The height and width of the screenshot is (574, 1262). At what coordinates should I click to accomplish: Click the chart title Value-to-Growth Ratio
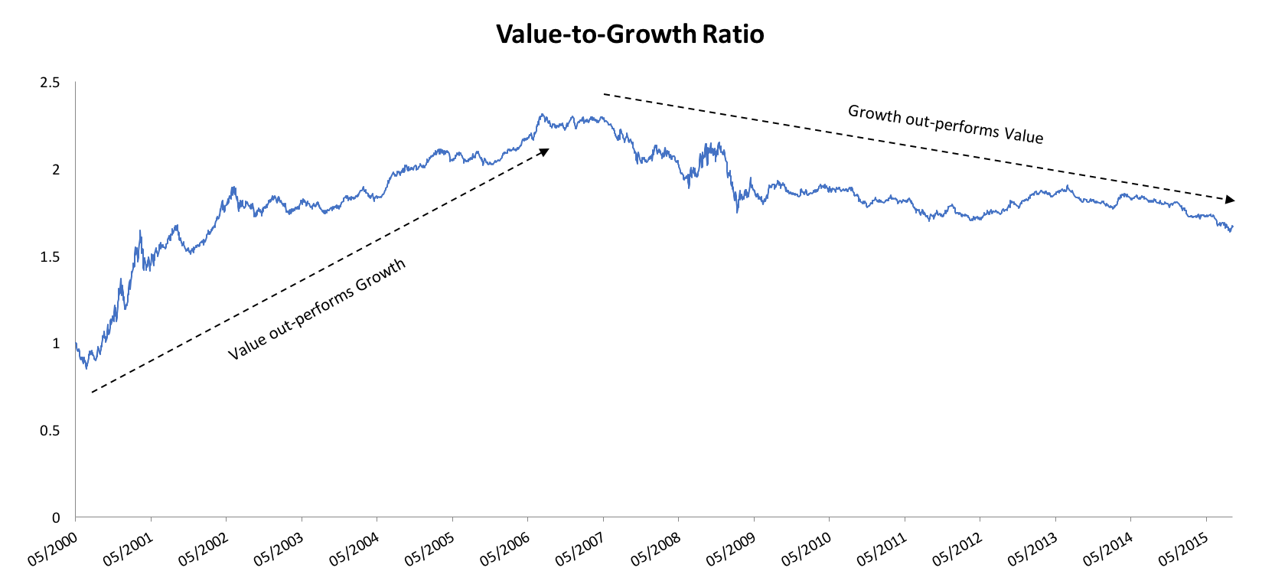(x=630, y=34)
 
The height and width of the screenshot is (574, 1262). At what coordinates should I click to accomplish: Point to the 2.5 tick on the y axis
(x=50, y=83)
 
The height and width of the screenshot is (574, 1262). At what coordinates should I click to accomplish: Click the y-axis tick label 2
(x=55, y=170)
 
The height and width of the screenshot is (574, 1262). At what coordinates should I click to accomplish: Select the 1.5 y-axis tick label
(x=50, y=257)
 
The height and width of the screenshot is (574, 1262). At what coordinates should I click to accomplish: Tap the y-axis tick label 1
(x=55, y=344)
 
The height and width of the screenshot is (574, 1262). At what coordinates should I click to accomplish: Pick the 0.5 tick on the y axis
(x=50, y=431)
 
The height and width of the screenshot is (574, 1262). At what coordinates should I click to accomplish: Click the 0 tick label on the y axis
(x=55, y=518)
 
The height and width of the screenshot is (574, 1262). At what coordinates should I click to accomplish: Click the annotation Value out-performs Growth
(x=317, y=310)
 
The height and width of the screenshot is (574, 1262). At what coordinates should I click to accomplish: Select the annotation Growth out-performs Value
(x=945, y=124)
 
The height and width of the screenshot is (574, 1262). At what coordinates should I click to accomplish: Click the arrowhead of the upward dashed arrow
(x=545, y=152)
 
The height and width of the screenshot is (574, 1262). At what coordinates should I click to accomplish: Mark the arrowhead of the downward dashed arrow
(x=1230, y=200)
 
